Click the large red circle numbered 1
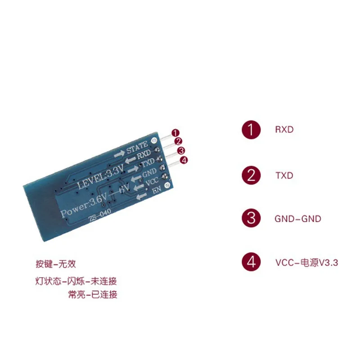[x=251, y=130]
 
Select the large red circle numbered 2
[x=251, y=175]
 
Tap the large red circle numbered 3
[x=251, y=219]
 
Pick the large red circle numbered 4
[x=251, y=262]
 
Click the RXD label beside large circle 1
[x=284, y=130]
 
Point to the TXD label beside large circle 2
[x=284, y=175]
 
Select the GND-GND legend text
[x=298, y=219]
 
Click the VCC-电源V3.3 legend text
[x=306, y=263]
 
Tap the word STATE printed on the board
[x=137, y=147]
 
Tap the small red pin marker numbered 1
[x=175, y=133]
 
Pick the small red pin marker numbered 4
[x=183, y=160]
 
